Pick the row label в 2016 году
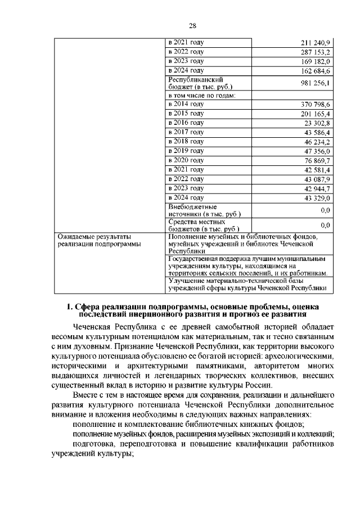click(x=186, y=123)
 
